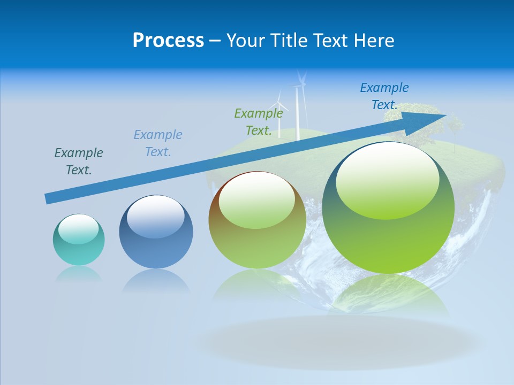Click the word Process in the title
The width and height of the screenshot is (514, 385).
(x=168, y=41)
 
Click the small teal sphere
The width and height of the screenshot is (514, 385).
(x=79, y=240)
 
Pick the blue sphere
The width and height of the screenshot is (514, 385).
(x=156, y=232)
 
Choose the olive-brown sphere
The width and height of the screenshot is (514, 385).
(x=257, y=220)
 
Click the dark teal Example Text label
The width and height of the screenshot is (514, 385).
(x=79, y=161)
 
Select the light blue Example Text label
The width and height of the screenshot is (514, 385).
(x=158, y=143)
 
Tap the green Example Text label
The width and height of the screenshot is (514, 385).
(x=259, y=121)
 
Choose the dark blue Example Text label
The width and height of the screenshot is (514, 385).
(x=384, y=96)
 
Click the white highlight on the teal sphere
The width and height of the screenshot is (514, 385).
(x=78, y=228)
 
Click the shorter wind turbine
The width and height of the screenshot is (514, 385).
(x=278, y=115)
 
